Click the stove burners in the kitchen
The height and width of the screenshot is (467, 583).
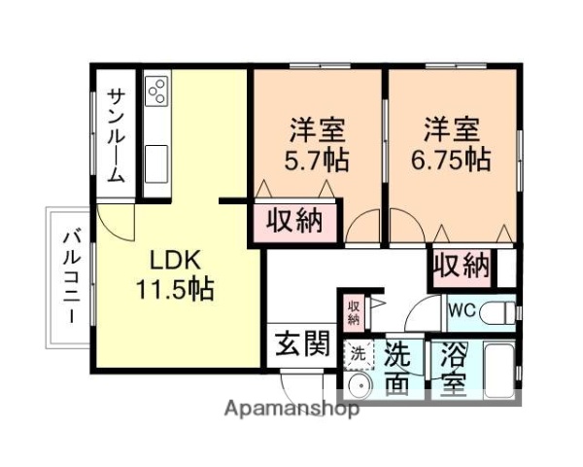point(156,91)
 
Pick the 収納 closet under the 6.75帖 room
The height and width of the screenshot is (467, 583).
point(461,264)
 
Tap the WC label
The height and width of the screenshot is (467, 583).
point(461,312)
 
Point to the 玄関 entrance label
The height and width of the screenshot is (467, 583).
point(300,344)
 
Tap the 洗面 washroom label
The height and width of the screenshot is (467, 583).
point(397,368)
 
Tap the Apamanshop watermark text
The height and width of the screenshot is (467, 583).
point(291,409)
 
